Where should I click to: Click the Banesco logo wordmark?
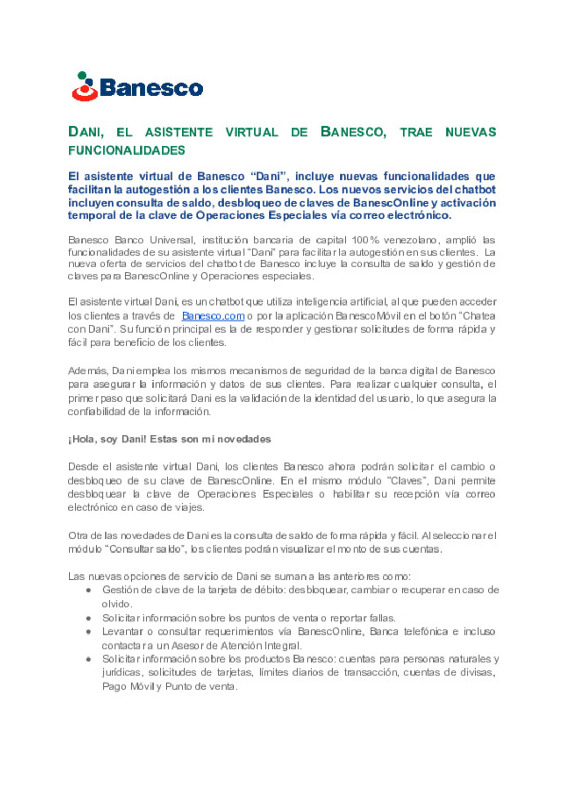(x=151, y=88)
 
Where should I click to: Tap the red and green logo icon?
(x=84, y=87)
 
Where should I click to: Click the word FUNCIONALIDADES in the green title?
(x=127, y=150)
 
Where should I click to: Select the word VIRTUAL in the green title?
(x=252, y=133)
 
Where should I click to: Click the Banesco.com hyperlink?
(x=213, y=316)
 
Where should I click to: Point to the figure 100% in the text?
(x=365, y=240)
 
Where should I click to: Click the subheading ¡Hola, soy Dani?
(x=107, y=439)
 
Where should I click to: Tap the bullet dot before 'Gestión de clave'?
(x=89, y=590)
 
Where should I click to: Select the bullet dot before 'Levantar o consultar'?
(x=89, y=632)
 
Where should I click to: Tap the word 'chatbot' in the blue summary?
(x=475, y=190)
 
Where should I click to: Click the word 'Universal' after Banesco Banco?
(x=172, y=240)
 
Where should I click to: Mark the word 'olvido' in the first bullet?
(x=116, y=604)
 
